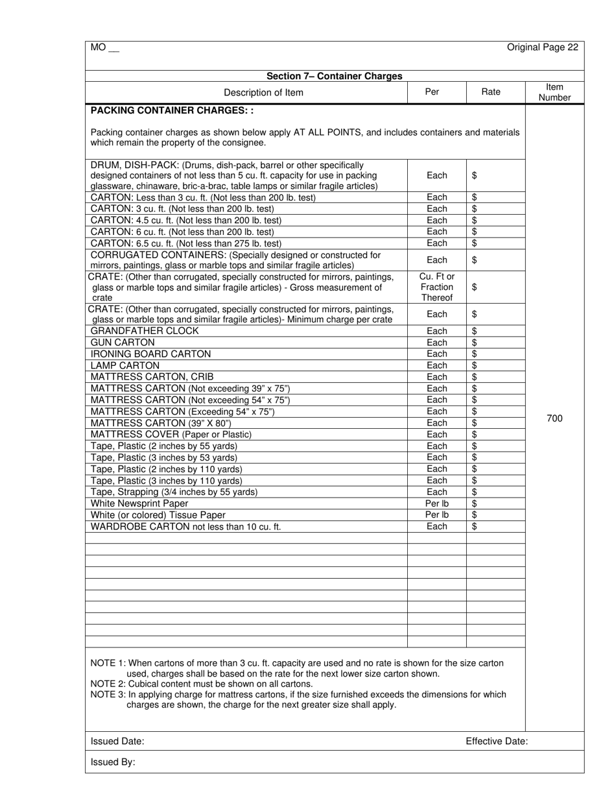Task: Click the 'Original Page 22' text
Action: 542,47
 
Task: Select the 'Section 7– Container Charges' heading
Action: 335,76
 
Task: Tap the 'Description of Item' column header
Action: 263,92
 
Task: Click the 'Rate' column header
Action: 491,92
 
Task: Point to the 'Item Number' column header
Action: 554,92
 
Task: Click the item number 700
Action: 554,418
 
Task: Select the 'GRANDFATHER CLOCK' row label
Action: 145,331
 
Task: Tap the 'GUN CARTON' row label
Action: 123,343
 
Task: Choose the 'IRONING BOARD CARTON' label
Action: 150,354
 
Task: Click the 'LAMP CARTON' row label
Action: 124,365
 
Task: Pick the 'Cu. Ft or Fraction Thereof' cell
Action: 437,287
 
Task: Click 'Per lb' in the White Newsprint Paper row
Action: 437,503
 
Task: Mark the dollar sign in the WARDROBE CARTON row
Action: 475,526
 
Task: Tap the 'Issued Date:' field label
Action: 117,741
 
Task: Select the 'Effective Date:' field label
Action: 496,741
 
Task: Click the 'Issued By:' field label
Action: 113,762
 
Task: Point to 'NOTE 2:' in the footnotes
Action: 108,684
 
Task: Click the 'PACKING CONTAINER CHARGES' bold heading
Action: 172,110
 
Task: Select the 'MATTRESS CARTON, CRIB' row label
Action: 152,377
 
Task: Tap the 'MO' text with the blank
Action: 104,47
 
